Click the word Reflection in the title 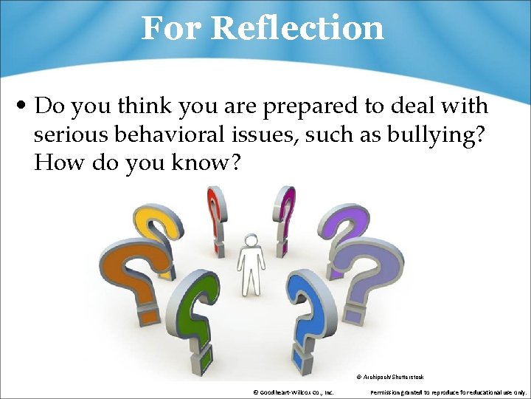[x=297, y=28]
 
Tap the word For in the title [x=171, y=28]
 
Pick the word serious [x=70, y=134]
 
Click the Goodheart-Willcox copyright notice [x=293, y=392]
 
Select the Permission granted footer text [x=448, y=392]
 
